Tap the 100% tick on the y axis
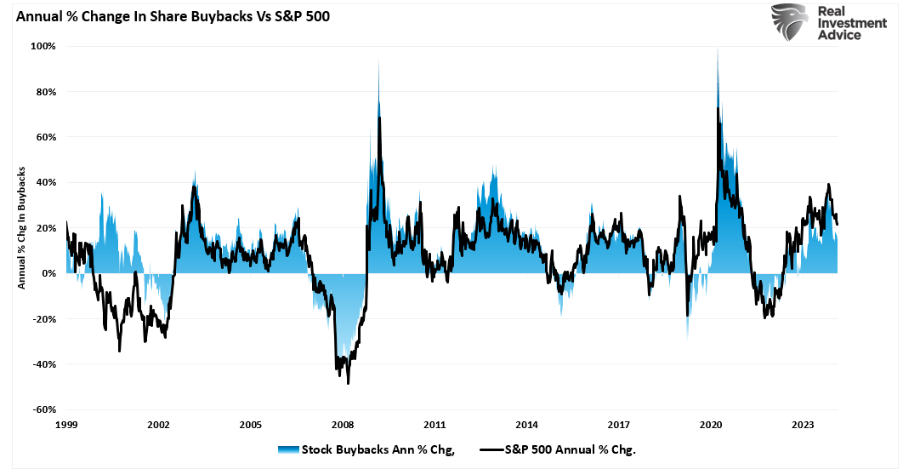coord(43,46)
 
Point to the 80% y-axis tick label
coord(45,92)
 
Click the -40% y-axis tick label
coord(43,364)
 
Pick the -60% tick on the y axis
coord(43,409)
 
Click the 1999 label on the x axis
coord(66,424)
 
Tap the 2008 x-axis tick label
coord(343,424)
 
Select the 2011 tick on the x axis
coord(434,424)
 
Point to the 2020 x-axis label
coord(711,424)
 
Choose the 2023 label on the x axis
coord(803,424)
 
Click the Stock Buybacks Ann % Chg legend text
coord(378,450)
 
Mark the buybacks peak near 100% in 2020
coord(718,49)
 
